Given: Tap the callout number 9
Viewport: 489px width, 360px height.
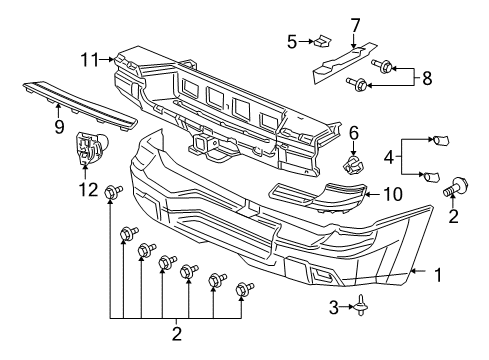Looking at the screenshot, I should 58,127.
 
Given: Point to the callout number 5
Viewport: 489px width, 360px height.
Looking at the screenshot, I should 291,43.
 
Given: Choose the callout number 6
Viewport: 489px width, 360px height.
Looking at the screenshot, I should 354,132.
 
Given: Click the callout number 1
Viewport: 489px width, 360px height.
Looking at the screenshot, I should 436,272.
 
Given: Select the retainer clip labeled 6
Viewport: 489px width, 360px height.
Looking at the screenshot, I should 352,159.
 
